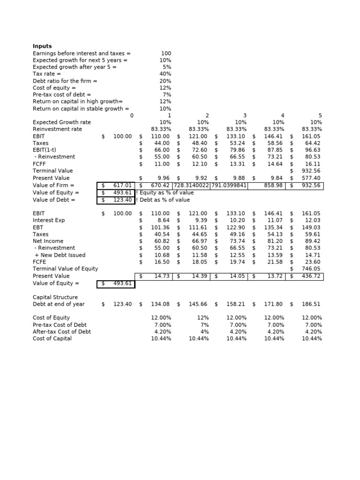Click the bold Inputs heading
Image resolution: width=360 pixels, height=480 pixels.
point(42,46)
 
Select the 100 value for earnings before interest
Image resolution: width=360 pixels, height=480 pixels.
point(166,53)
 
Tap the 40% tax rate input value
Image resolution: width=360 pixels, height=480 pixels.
point(165,74)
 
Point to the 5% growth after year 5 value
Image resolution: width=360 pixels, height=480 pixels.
point(167,67)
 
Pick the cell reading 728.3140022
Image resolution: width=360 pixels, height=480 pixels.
point(192,185)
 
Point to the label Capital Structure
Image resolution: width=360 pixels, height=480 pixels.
point(55,297)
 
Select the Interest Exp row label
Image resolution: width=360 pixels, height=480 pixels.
point(49,220)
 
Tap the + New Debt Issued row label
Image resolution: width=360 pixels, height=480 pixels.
point(60,255)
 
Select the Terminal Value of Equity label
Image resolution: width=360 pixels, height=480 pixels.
point(65,269)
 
